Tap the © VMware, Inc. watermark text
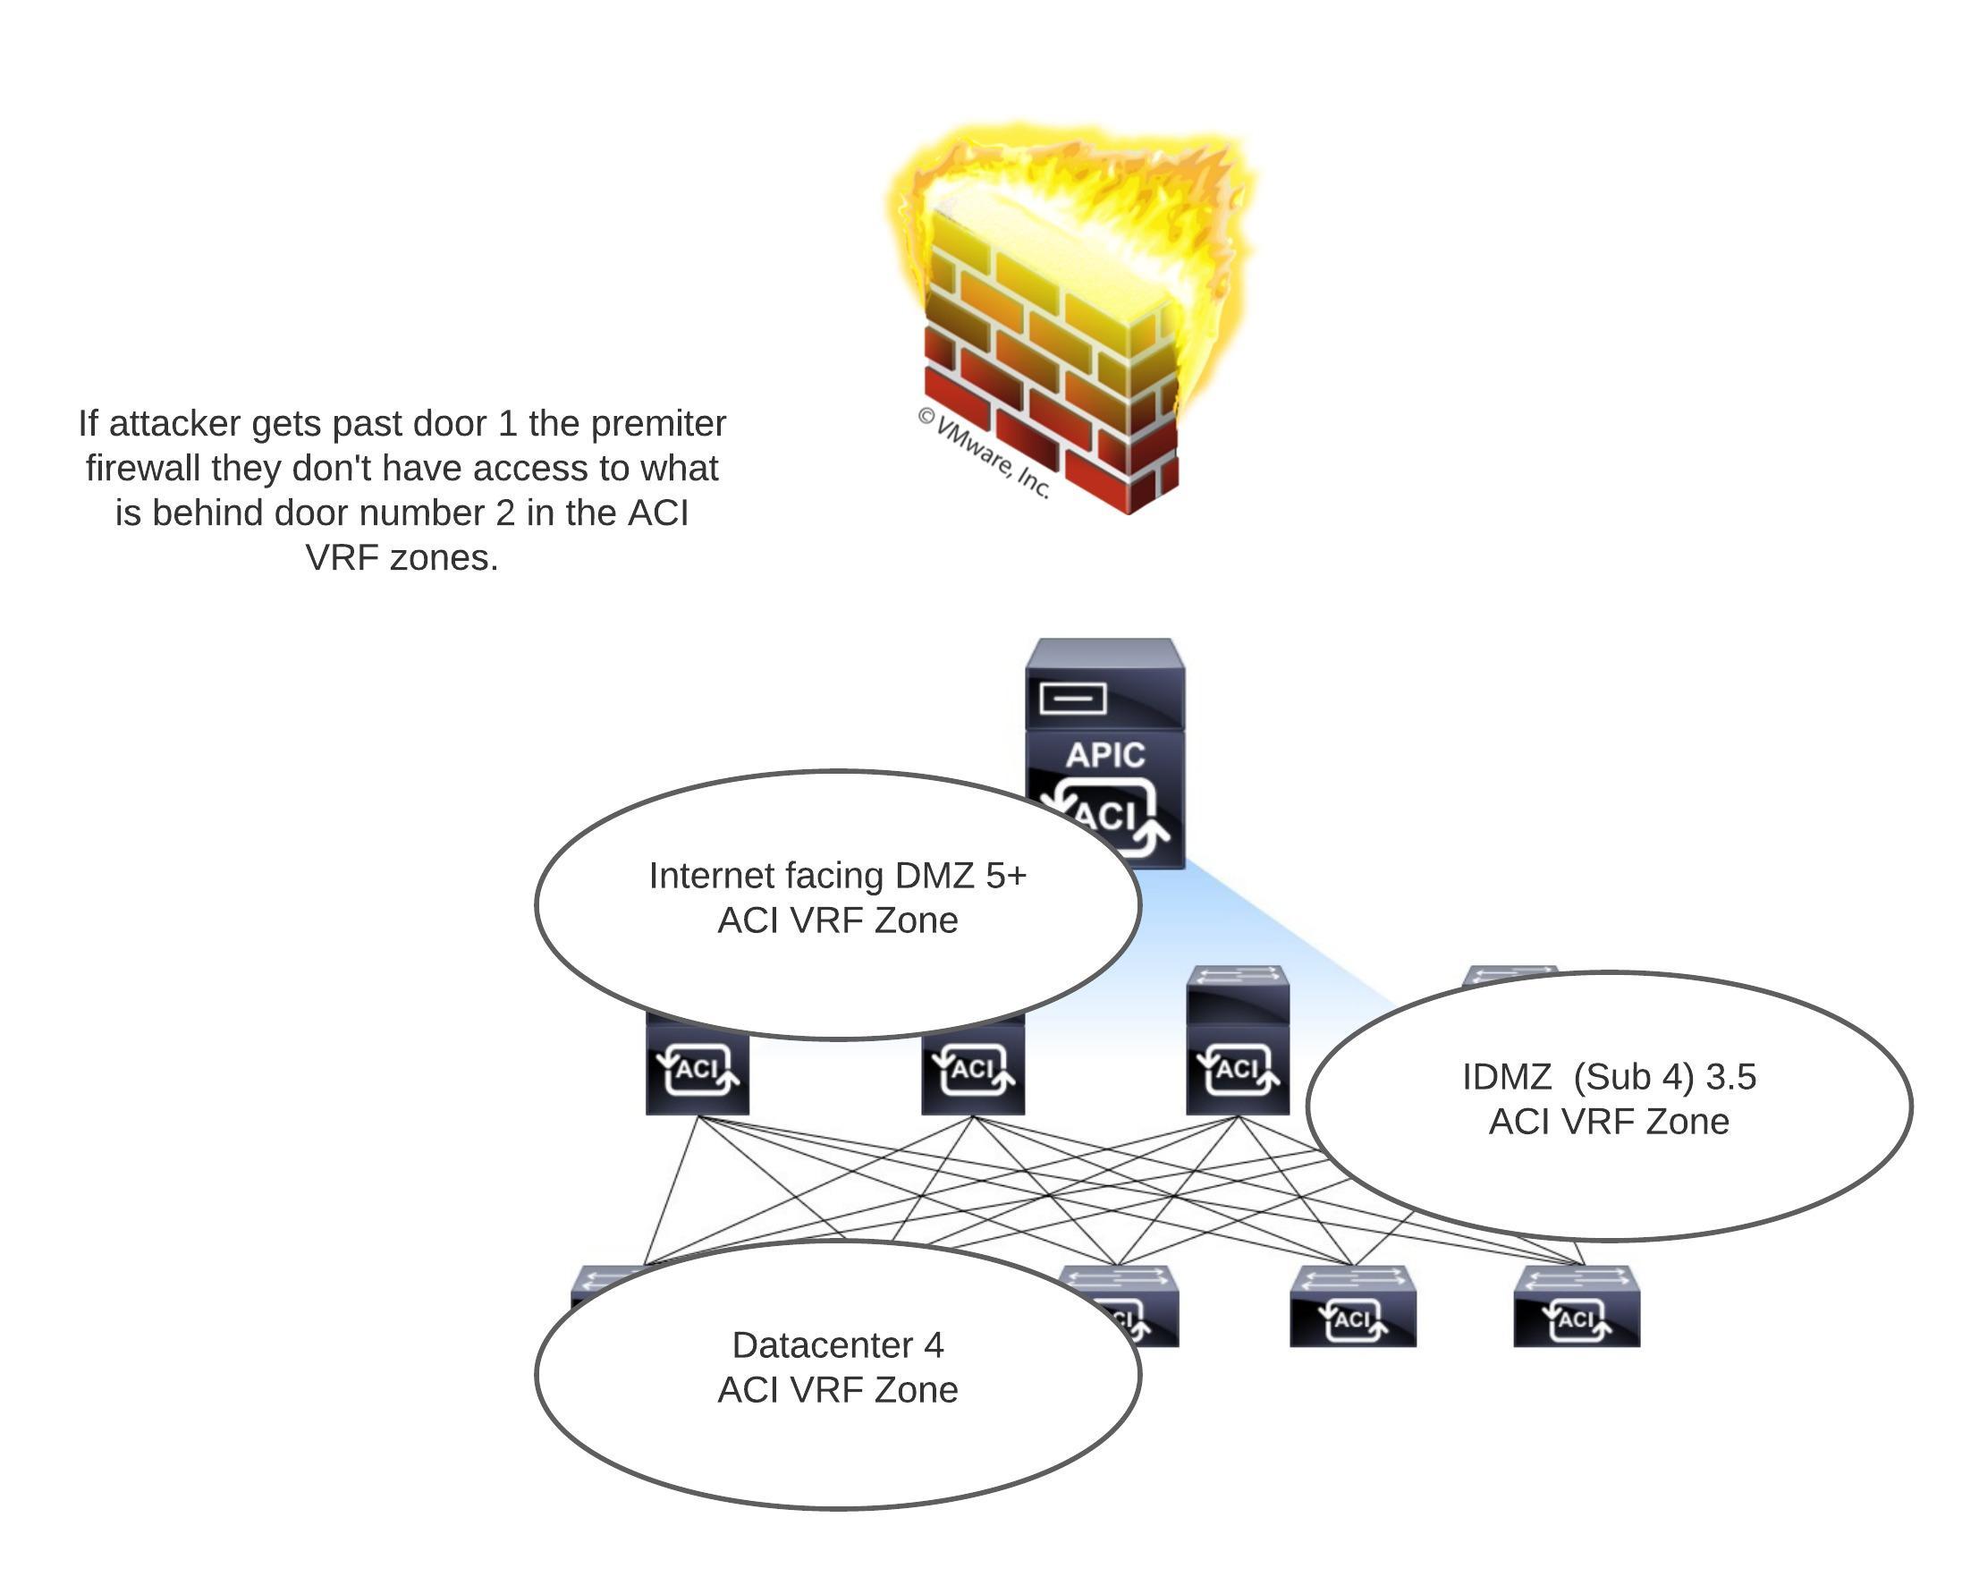coord(983,454)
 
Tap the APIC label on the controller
coord(1105,756)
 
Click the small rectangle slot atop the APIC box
coord(1072,699)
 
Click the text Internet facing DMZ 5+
coord(837,876)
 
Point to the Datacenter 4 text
coord(837,1345)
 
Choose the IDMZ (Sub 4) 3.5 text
coord(1608,1077)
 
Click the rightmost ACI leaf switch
coord(1576,1307)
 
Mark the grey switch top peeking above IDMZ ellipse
coord(1511,973)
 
